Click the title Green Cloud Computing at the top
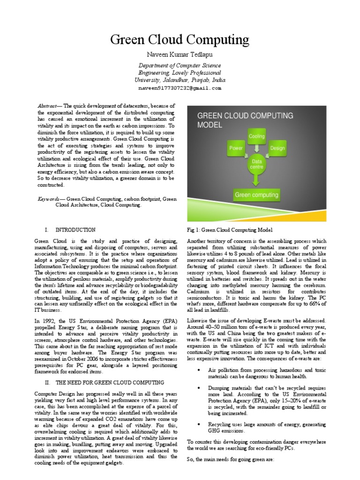point(180,40)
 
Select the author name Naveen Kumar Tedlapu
point(180,56)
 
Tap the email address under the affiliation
point(180,88)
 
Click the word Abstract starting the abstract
point(45,106)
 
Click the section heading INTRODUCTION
point(75,230)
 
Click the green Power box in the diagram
point(235,149)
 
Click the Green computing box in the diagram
point(256,195)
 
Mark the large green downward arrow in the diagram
point(257,179)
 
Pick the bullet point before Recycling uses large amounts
point(200,424)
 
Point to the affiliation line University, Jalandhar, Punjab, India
point(180,80)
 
